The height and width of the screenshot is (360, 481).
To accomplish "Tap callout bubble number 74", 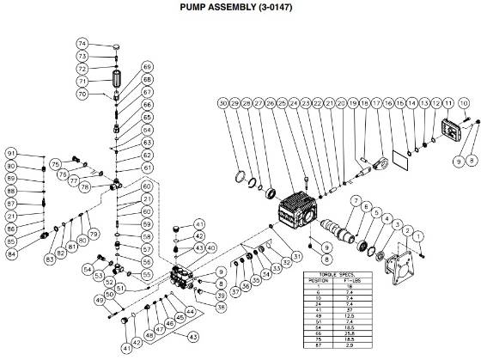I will tap(107, 43).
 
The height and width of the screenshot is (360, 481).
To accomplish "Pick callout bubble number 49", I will tap(100, 299).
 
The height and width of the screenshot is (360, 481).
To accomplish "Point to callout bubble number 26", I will tap(271, 103).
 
